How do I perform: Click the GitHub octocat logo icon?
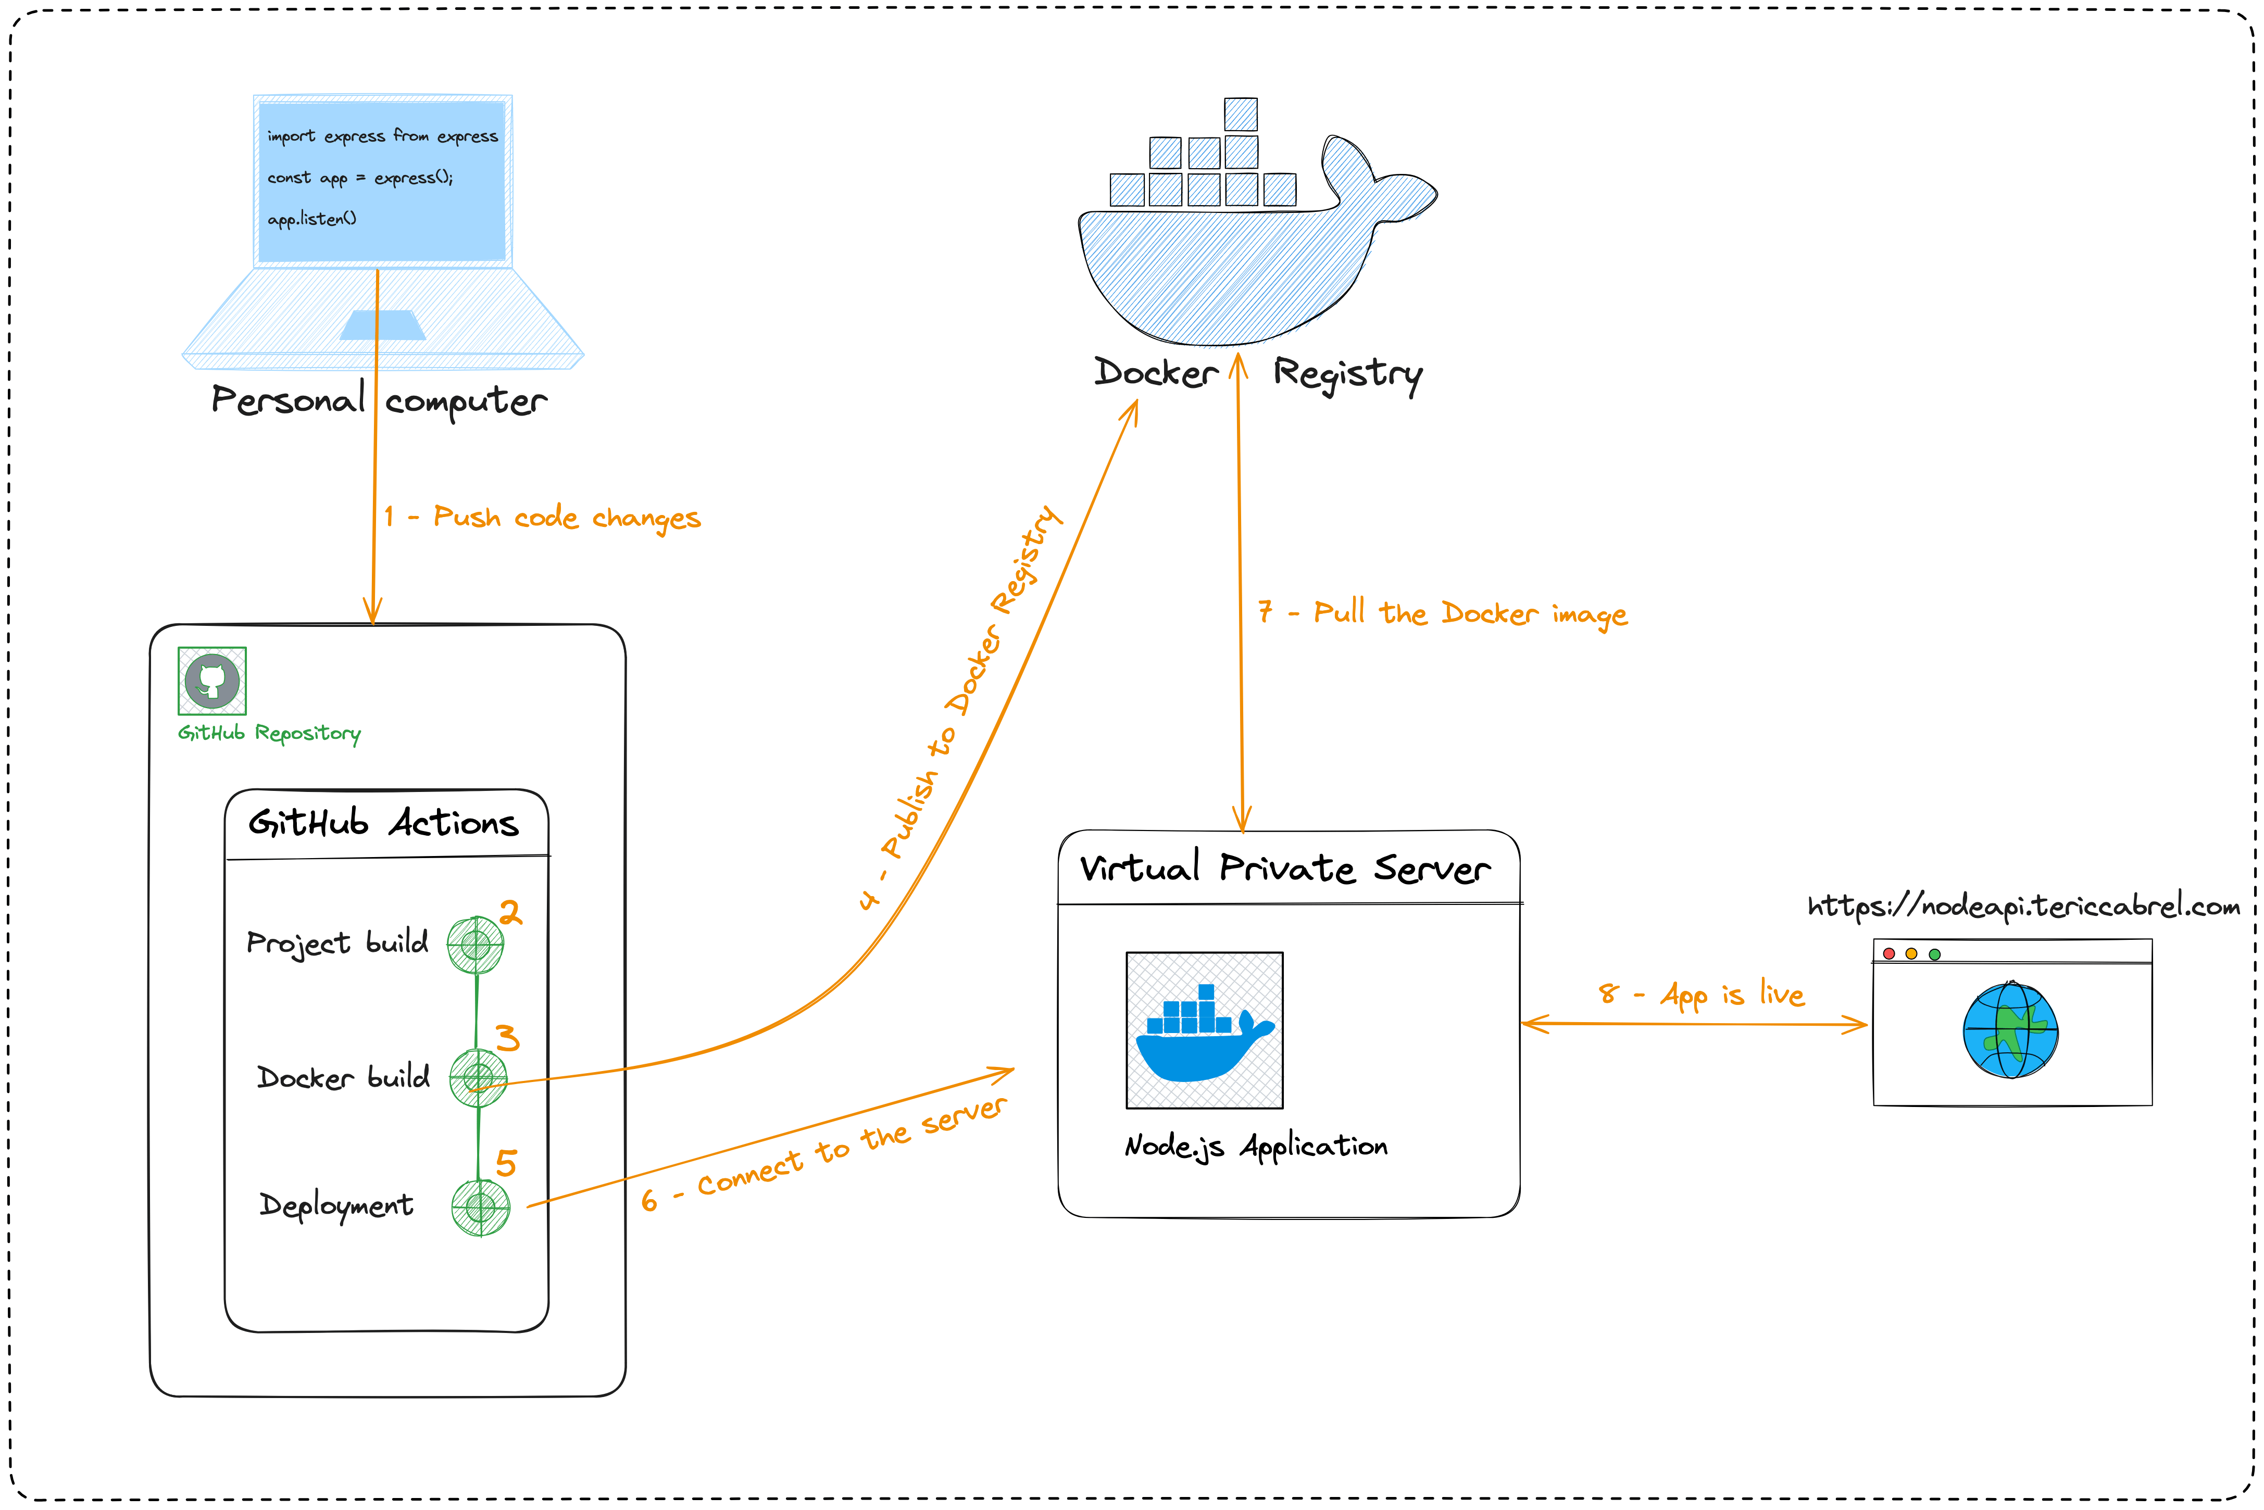(212, 681)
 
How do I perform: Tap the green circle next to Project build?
(475, 945)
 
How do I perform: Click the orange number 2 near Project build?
(510, 912)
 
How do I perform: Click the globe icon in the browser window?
(2011, 1029)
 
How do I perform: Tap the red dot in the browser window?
(1890, 953)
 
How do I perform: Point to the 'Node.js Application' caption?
(1256, 1146)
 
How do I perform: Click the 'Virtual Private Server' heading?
(1285, 869)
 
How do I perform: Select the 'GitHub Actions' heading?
(383, 823)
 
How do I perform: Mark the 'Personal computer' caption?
(379, 400)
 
